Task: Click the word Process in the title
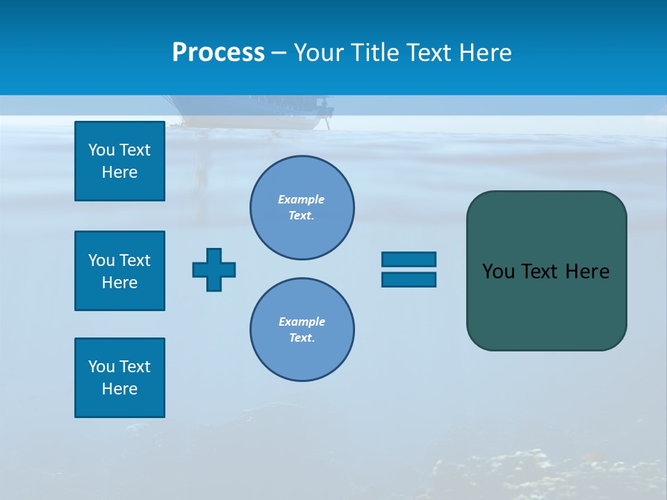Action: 218,53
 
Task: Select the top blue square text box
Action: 120,161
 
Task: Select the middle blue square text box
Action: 120,271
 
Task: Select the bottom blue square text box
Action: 120,378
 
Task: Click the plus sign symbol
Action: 214,269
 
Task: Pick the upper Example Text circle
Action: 302,207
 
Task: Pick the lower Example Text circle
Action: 302,329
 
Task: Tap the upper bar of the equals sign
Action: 409,259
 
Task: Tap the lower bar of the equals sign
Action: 409,279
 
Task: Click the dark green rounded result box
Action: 546,306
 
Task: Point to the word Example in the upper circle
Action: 302,199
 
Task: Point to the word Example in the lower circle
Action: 302,322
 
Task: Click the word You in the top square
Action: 101,150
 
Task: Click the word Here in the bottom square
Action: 120,389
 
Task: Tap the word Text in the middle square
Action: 134,260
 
